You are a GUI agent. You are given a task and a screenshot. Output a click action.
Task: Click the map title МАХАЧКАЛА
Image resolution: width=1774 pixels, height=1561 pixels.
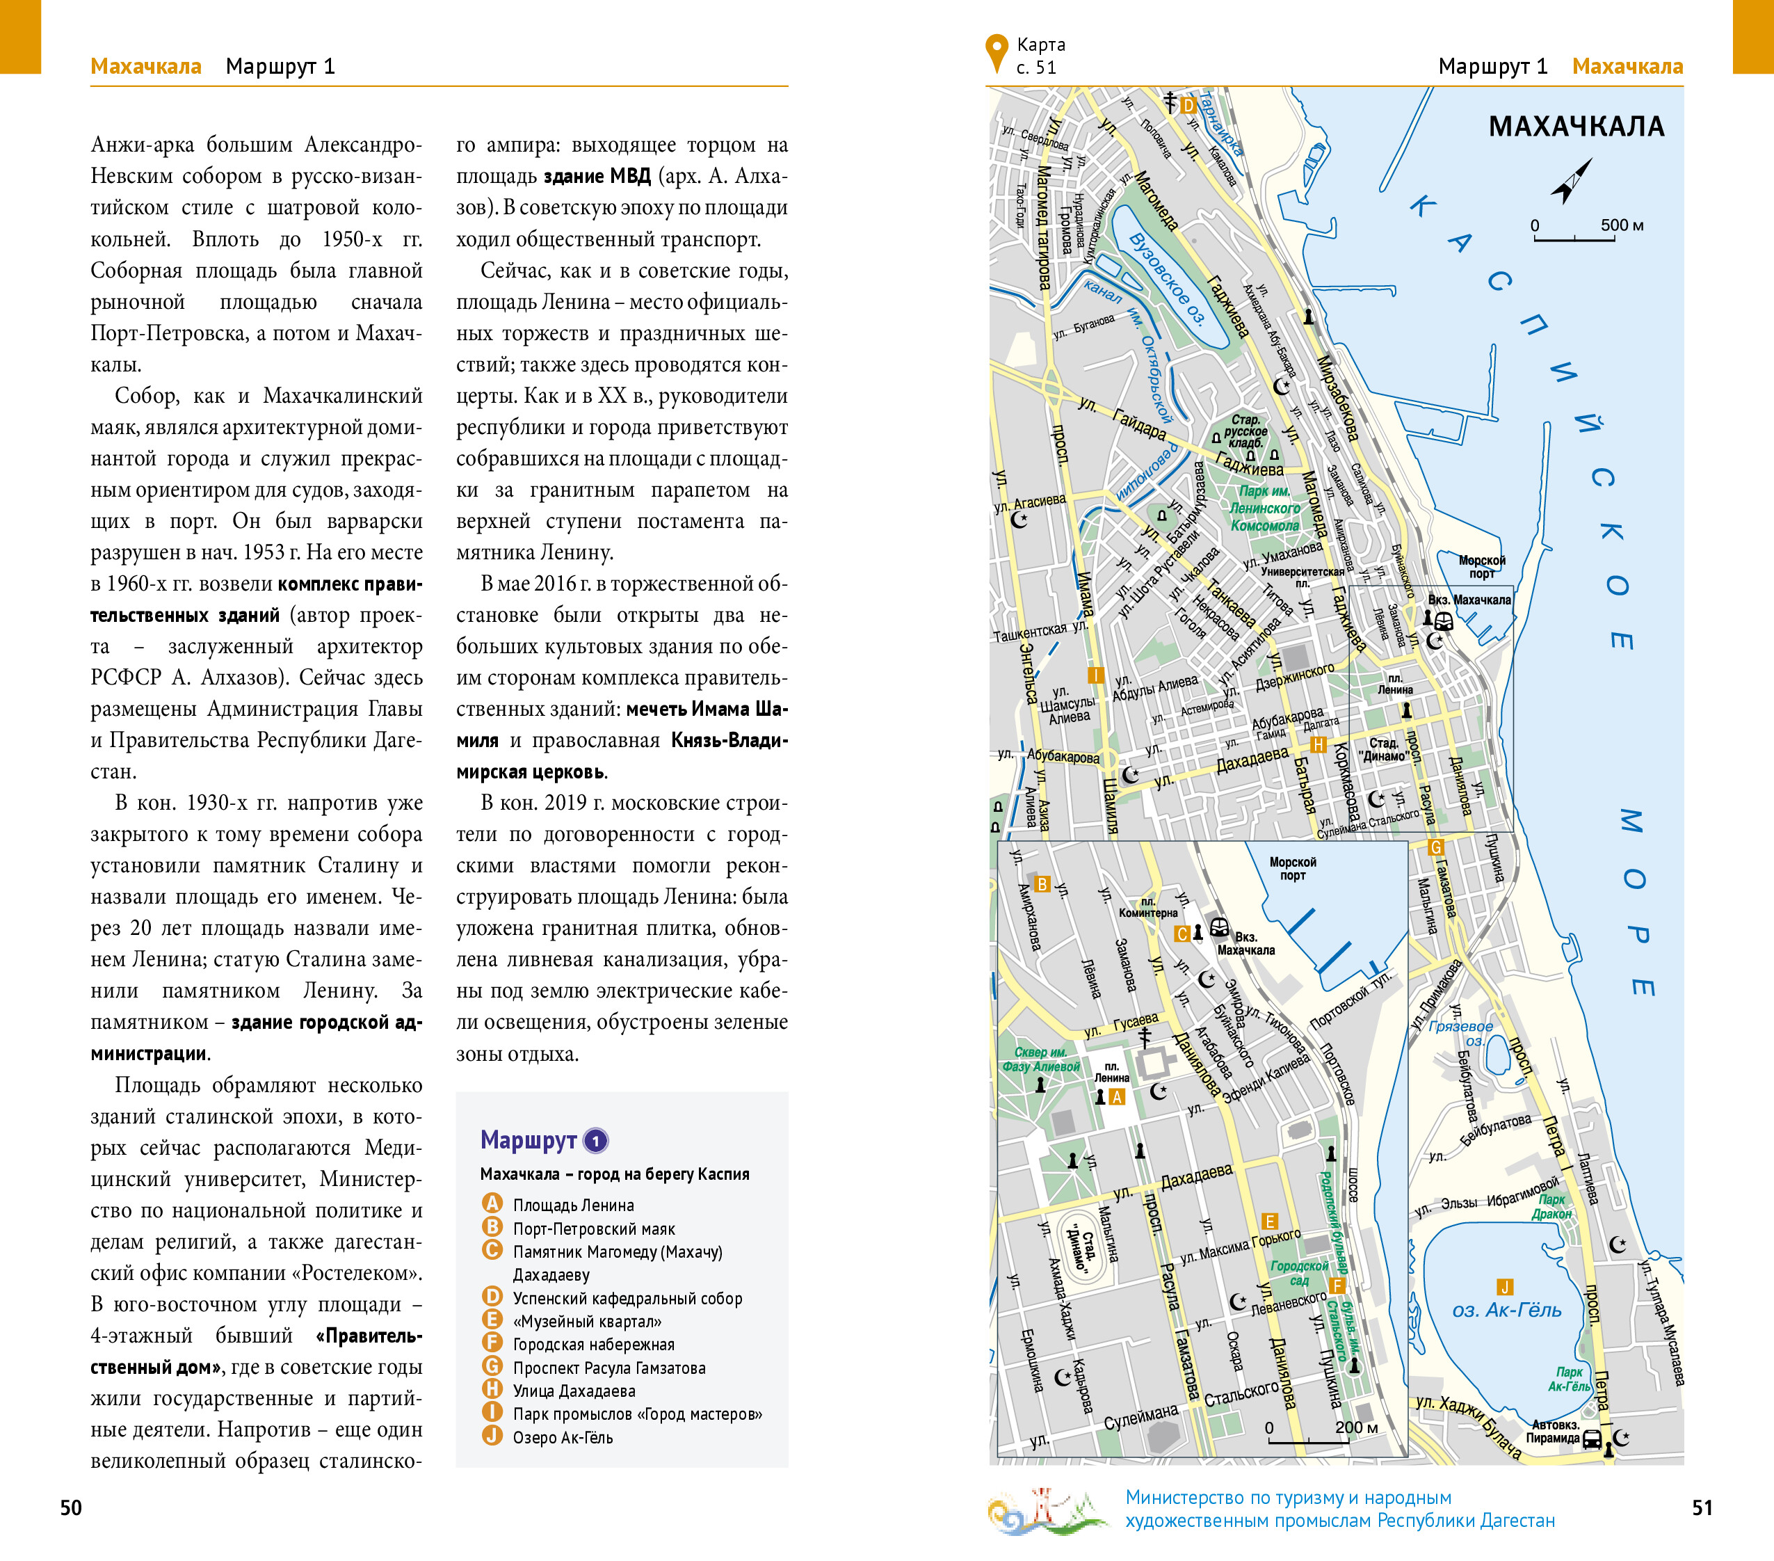pyautogui.click(x=1576, y=127)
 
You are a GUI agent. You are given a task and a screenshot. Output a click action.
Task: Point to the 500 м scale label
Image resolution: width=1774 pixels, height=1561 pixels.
pyautogui.click(x=1622, y=225)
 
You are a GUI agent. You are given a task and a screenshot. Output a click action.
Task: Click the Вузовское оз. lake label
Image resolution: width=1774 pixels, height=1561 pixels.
pyautogui.click(x=1168, y=278)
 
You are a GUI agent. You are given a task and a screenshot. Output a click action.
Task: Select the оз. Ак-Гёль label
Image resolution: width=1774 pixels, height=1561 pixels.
pyautogui.click(x=1507, y=1310)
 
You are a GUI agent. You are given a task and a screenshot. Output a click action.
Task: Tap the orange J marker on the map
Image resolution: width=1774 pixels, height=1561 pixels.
pyautogui.click(x=1504, y=1288)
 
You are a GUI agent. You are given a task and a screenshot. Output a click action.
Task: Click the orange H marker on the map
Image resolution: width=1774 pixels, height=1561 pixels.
pyautogui.click(x=1318, y=745)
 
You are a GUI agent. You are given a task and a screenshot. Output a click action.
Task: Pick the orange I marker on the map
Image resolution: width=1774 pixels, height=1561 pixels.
pyautogui.click(x=1095, y=675)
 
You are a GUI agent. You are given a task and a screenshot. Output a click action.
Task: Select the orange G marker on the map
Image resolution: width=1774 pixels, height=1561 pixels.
pyautogui.click(x=1435, y=847)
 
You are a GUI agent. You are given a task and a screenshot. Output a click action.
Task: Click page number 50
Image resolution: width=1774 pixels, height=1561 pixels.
pyautogui.click(x=71, y=1508)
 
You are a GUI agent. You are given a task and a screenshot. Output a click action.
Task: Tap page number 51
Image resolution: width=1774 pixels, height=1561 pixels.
pyautogui.click(x=1702, y=1508)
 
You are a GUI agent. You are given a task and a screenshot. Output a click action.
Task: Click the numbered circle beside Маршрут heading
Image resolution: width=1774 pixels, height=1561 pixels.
pyautogui.click(x=595, y=1141)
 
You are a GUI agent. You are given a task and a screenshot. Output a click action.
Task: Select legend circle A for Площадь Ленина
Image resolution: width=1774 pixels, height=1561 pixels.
pyautogui.click(x=492, y=1204)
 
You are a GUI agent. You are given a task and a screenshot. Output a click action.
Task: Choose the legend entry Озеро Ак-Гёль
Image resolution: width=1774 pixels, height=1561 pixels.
pyautogui.click(x=563, y=1438)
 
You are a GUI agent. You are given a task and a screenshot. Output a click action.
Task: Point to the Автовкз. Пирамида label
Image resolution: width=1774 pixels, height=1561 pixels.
pyautogui.click(x=1555, y=1432)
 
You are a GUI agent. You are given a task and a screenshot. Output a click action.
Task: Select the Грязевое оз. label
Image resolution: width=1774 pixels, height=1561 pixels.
pyautogui.click(x=1460, y=1033)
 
